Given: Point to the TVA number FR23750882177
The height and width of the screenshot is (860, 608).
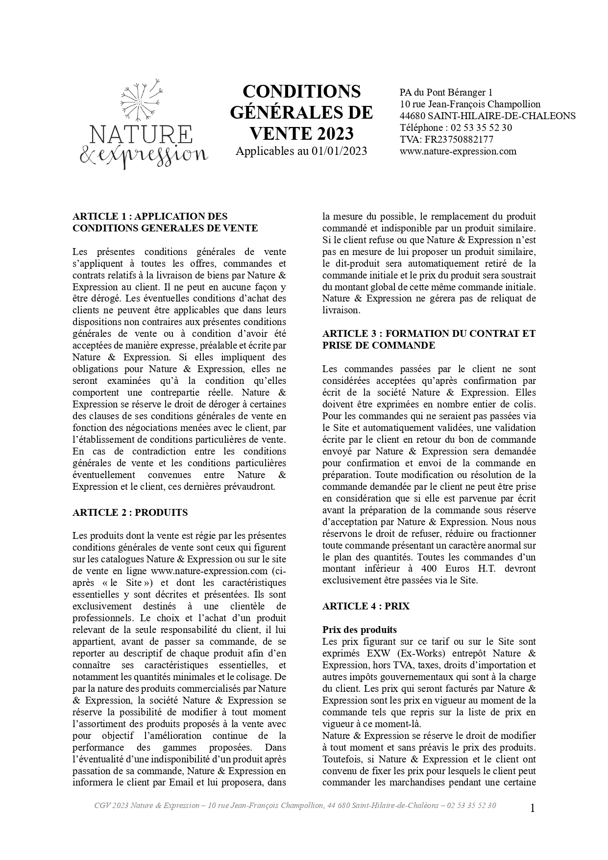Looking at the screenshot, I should [459, 139].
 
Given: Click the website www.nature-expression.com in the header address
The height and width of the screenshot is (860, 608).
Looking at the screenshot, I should [458, 151].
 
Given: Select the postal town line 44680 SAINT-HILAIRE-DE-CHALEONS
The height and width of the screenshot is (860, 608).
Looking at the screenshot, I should [487, 116].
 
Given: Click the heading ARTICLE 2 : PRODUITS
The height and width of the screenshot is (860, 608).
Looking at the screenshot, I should [130, 512].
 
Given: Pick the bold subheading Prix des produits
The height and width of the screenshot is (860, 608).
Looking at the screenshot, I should [360, 630].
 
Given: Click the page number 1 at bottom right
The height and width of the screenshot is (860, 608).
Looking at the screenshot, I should [533, 808].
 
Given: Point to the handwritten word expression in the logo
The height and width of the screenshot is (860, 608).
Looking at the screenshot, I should [150, 155].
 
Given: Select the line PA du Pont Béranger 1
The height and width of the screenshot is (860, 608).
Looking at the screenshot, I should [446, 92].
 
